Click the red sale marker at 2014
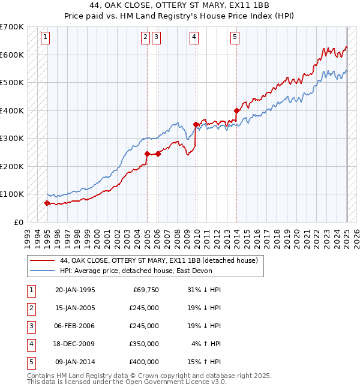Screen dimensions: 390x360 click(x=236, y=110)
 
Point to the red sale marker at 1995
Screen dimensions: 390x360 click(x=47, y=203)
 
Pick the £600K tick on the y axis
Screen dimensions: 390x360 click(x=12, y=55)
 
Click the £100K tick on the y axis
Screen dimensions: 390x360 click(x=12, y=194)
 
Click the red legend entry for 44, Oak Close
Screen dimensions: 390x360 click(x=158, y=260)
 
